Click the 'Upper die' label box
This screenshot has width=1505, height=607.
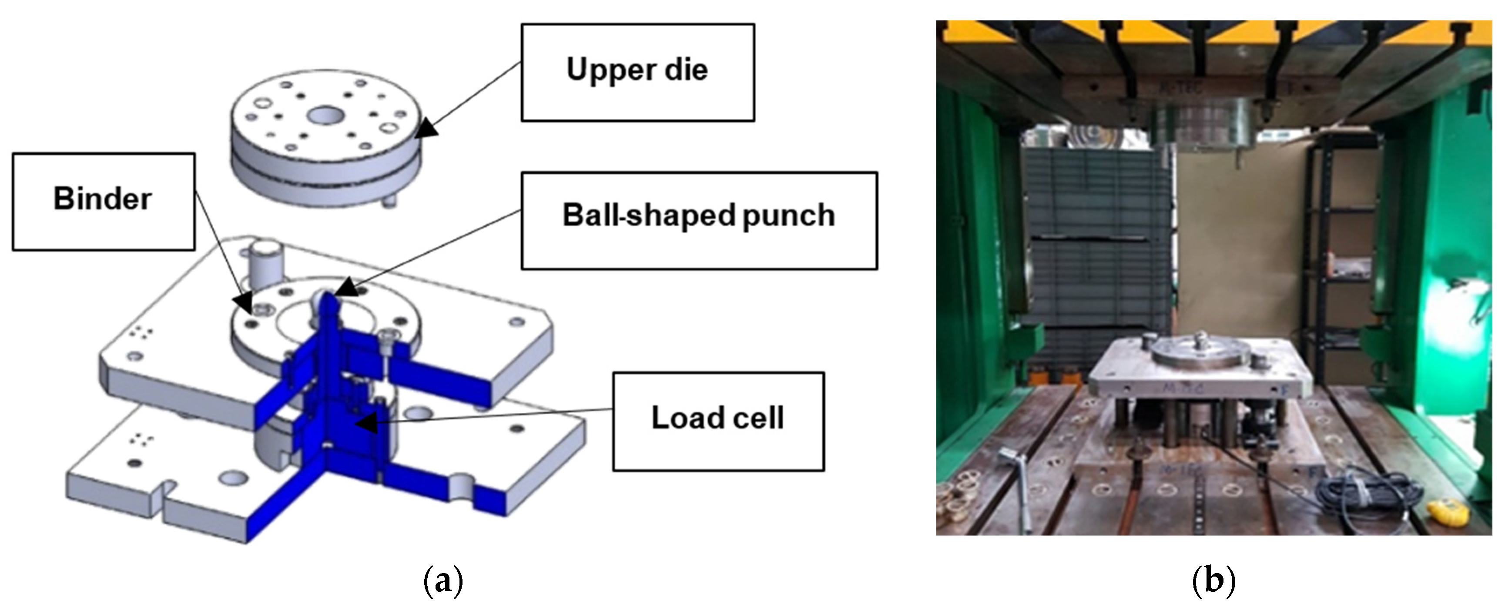(637, 73)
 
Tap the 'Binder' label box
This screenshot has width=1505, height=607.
(104, 201)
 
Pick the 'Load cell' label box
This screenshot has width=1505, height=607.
(718, 421)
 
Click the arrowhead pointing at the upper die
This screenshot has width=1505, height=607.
(428, 129)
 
